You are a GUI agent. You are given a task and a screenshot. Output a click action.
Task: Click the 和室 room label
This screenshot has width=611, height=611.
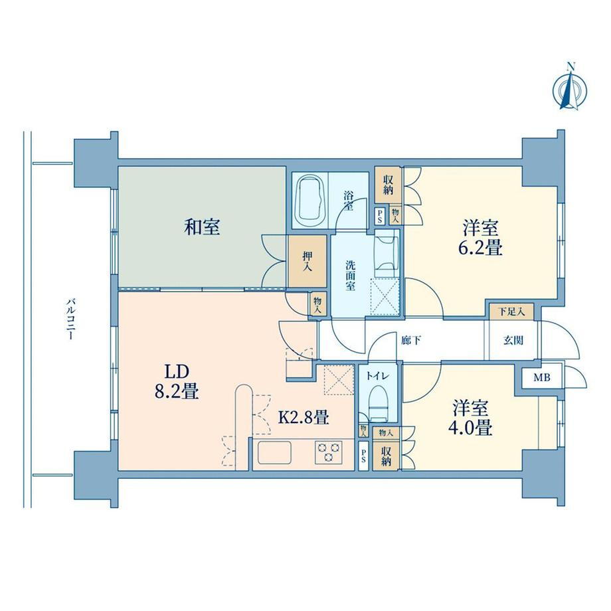point(202,227)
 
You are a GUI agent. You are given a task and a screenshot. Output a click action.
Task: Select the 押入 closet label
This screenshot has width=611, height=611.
point(307,261)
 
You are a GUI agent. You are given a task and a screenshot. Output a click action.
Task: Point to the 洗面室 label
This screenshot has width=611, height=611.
point(350,276)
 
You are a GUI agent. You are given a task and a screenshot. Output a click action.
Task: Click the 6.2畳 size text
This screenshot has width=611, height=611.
point(480,248)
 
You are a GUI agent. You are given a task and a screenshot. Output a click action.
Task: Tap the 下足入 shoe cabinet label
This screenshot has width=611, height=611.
point(511,311)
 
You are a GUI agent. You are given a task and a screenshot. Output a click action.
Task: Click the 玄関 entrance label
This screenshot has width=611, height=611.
point(513,341)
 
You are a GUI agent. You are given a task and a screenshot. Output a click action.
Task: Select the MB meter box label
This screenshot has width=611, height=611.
point(542,377)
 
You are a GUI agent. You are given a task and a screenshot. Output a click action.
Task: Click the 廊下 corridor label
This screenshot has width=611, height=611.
point(411,341)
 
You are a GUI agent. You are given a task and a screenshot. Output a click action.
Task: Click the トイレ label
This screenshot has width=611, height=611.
point(378,376)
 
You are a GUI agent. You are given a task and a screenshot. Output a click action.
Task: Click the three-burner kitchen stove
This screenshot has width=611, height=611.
point(329,452)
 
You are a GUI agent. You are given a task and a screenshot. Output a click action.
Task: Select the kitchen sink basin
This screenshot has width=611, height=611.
point(274,452)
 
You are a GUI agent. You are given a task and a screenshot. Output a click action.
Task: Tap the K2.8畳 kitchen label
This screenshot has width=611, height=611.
point(304,418)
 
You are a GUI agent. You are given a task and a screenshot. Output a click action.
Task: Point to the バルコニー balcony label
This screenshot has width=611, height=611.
point(70,319)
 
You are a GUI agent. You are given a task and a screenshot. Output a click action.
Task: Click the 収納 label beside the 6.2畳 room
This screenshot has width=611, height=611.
point(388,185)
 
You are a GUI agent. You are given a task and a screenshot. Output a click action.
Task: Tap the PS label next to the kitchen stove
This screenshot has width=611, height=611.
point(363,456)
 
